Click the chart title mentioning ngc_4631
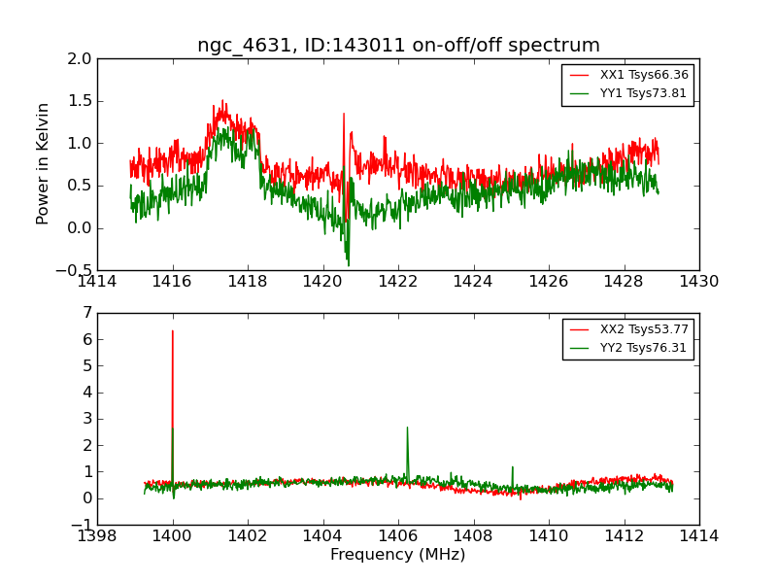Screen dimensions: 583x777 [x=398, y=46]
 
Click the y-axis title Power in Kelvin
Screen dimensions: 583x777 [x=43, y=163]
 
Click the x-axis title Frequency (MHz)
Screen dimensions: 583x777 [x=397, y=555]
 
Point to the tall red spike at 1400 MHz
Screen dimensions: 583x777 [x=173, y=331]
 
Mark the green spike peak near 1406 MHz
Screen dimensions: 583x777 [x=407, y=428]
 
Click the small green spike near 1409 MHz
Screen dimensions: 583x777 [x=513, y=467]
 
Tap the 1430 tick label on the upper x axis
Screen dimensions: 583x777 [x=698, y=282]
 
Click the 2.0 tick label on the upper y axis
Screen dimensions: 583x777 [x=81, y=58]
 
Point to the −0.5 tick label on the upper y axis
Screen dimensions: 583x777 [x=76, y=270]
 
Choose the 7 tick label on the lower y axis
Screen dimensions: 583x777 [x=87, y=313]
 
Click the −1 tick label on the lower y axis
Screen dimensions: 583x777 [x=83, y=525]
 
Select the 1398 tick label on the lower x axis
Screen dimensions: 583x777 [x=97, y=536]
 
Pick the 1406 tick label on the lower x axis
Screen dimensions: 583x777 [x=397, y=536]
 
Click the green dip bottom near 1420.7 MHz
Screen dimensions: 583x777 [x=348, y=265]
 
